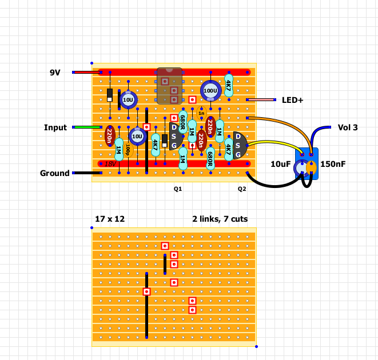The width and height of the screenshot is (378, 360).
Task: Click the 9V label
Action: point(55,73)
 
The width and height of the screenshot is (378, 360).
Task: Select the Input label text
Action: point(55,127)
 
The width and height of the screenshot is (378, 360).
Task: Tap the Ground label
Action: point(54,173)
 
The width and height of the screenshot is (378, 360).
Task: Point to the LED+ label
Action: point(292,100)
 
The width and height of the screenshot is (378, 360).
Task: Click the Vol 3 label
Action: point(348,127)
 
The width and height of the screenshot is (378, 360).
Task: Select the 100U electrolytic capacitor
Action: point(210,90)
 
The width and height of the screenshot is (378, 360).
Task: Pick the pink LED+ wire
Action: point(260,100)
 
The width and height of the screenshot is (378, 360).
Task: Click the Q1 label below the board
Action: point(178,188)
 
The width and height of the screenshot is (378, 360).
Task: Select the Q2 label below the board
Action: point(242,188)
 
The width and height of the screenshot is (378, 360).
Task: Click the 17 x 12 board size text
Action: point(109,219)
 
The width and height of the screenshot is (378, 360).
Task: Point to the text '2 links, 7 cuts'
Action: point(220,219)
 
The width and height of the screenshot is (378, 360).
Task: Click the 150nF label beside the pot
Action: point(333,165)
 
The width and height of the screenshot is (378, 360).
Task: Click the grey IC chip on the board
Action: point(169,86)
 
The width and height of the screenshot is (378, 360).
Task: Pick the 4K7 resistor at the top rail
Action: point(228,86)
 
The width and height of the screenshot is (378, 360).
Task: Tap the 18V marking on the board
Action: point(110,163)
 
